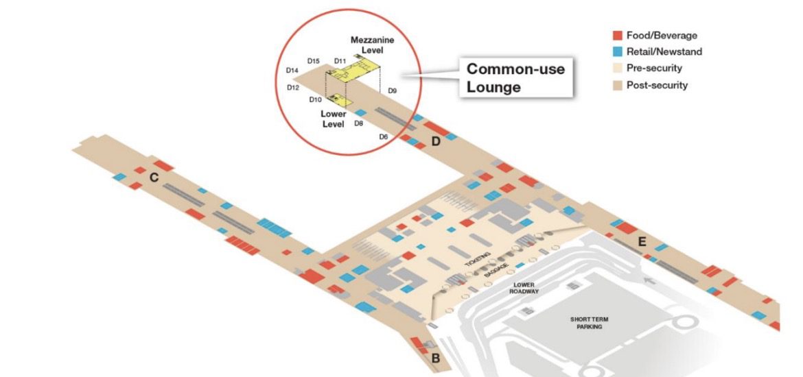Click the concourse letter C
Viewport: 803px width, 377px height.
154,178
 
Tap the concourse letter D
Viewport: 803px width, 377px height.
435,142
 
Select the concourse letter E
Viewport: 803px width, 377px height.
642,241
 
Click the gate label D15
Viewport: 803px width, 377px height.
314,61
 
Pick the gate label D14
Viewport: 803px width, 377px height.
292,71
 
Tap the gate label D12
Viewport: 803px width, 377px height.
293,88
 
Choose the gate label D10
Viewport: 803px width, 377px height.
315,100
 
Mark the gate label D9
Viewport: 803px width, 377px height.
392,90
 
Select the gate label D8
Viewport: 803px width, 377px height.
358,123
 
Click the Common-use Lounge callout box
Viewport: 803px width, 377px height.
515,78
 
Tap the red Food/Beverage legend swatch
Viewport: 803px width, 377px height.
617,35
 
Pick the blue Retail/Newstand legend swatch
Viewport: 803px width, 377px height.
617,51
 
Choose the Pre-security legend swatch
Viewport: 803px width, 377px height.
617,69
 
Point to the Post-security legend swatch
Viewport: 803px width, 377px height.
617,86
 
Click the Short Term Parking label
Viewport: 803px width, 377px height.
590,323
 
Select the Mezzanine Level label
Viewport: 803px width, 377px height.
372,45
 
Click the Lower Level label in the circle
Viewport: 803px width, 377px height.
334,119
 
